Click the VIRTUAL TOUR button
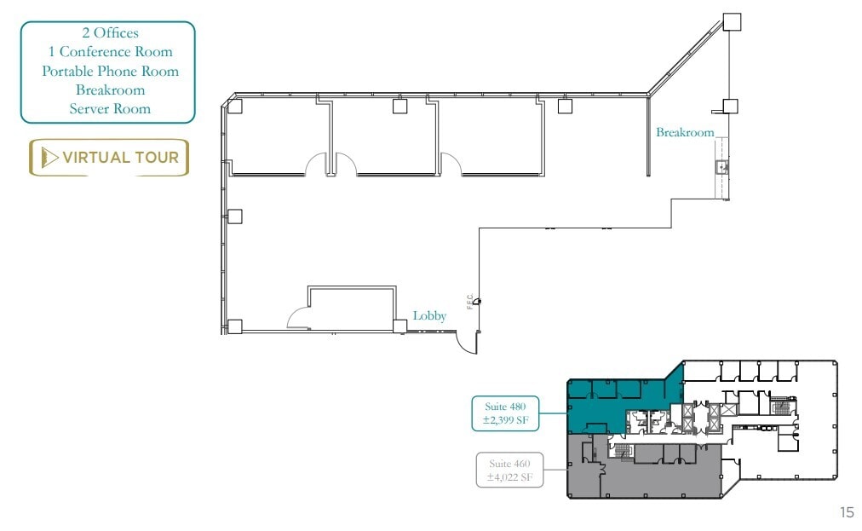tap(109, 158)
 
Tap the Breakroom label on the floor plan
tap(684, 133)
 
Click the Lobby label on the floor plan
tap(429, 316)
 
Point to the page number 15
tap(846, 512)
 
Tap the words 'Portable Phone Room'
tap(110, 71)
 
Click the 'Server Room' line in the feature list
tap(110, 108)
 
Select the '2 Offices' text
tap(110, 33)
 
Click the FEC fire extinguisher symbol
tap(478, 300)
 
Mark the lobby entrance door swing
tap(466, 342)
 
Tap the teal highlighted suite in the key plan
tap(596, 409)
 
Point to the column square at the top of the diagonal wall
tap(732, 21)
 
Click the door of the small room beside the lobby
tap(298, 318)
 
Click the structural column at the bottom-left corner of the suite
tap(235, 326)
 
